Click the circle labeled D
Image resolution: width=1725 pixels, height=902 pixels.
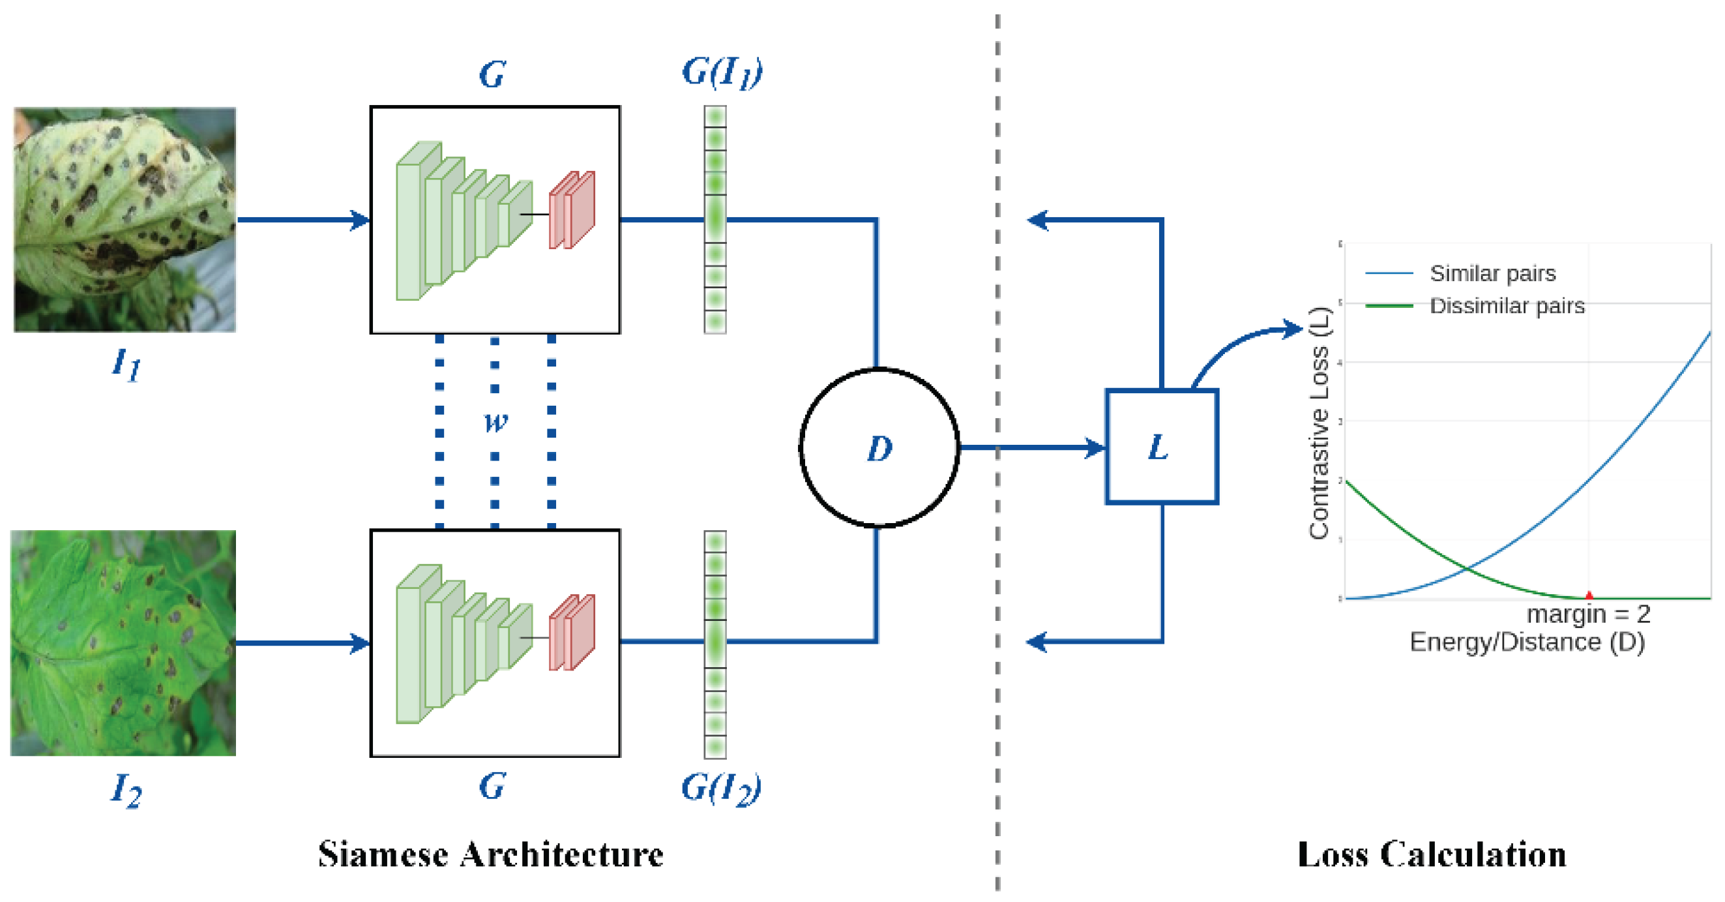pyautogui.click(x=879, y=447)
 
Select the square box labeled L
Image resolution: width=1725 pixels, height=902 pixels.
pyautogui.click(x=1161, y=446)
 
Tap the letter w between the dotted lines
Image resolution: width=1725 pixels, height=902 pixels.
pyautogui.click(x=495, y=422)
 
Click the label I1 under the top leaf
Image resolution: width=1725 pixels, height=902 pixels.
pyautogui.click(x=126, y=365)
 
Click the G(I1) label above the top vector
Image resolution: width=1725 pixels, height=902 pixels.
pyautogui.click(x=722, y=72)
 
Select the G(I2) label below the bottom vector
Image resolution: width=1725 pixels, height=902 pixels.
pyautogui.click(x=720, y=788)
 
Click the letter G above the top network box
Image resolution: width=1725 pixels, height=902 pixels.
pyautogui.click(x=492, y=74)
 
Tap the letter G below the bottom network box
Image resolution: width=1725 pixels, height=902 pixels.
pyautogui.click(x=492, y=785)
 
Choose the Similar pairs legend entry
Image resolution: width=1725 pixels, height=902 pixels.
pyautogui.click(x=1492, y=273)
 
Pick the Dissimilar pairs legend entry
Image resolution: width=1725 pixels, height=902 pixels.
pyautogui.click(x=1507, y=306)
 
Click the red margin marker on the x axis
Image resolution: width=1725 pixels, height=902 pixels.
pyautogui.click(x=1588, y=595)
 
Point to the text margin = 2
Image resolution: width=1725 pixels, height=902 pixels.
pyautogui.click(x=1587, y=614)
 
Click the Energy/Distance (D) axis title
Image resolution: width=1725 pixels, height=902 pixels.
pyautogui.click(x=1527, y=642)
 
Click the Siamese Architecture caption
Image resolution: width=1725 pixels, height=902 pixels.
pyautogui.click(x=490, y=854)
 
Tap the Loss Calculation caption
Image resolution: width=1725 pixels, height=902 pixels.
pyautogui.click(x=1432, y=854)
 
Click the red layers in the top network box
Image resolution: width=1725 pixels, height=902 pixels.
pyautogui.click(x=572, y=211)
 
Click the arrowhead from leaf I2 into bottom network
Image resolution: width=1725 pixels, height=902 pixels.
pyautogui.click(x=361, y=643)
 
